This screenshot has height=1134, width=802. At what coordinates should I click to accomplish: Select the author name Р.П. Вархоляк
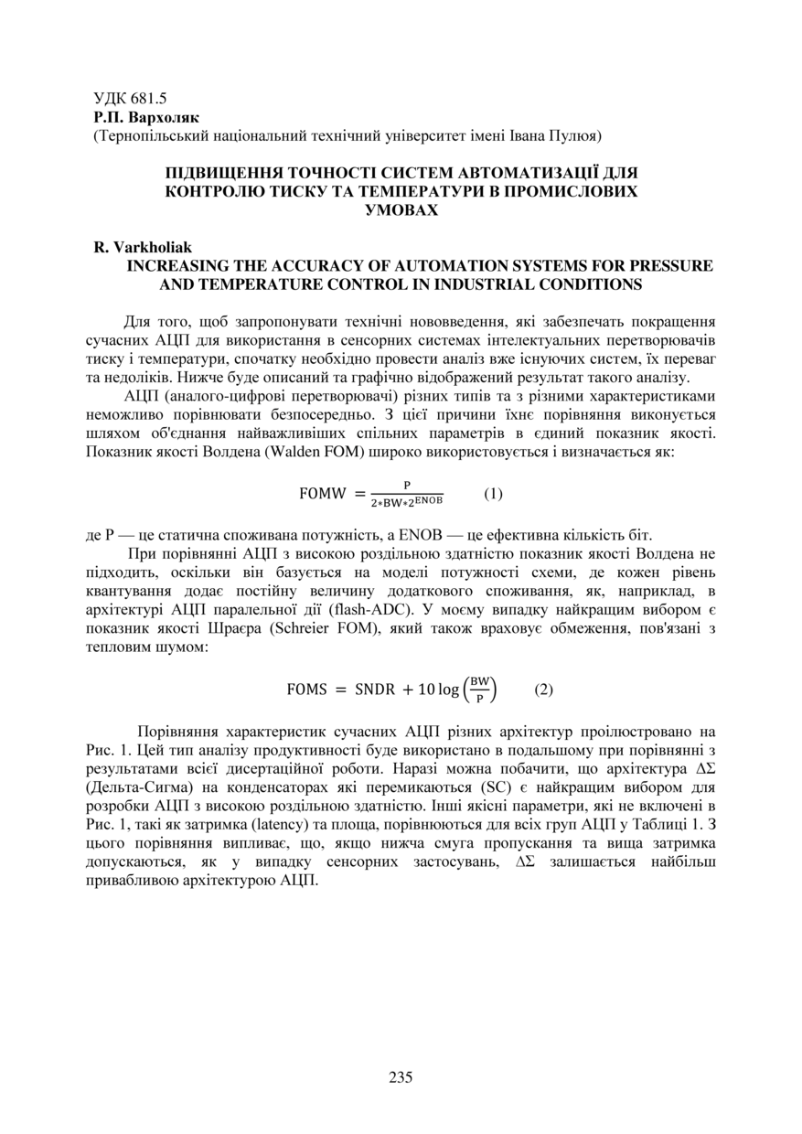[x=145, y=118]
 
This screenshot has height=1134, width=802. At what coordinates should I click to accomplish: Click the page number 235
[x=401, y=1076]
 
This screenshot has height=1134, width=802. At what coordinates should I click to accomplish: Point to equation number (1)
[x=493, y=494]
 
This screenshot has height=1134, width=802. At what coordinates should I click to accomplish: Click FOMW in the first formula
[x=324, y=494]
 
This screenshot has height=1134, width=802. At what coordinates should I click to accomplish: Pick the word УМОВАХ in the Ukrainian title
[x=401, y=209]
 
